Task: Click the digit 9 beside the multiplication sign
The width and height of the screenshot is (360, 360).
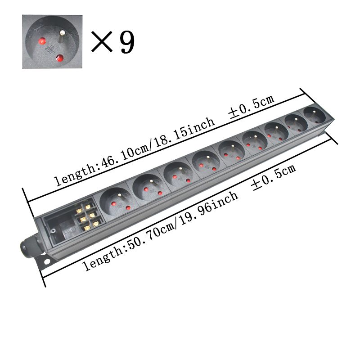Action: pos(126,42)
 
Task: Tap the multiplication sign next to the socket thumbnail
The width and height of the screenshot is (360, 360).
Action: pos(101,42)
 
